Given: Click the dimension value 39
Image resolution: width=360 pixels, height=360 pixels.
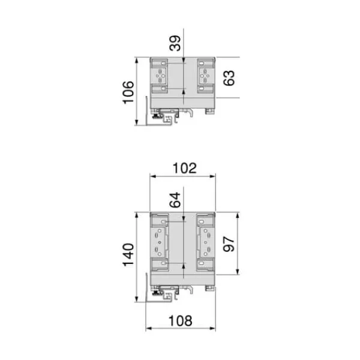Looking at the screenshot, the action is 175,43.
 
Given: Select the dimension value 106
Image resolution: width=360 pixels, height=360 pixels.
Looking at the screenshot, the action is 128,92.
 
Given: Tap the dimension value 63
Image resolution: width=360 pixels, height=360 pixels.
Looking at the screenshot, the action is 229,78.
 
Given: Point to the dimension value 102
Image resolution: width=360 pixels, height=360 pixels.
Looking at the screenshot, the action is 185,168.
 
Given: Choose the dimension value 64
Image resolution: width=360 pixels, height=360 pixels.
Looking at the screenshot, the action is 175,200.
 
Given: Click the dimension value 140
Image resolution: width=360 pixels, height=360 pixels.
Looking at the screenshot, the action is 128,254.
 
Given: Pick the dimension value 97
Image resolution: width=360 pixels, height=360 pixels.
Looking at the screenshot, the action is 229,244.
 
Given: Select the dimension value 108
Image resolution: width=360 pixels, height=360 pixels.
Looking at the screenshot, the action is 181,321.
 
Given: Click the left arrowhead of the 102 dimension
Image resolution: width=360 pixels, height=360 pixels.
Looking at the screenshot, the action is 152,176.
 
